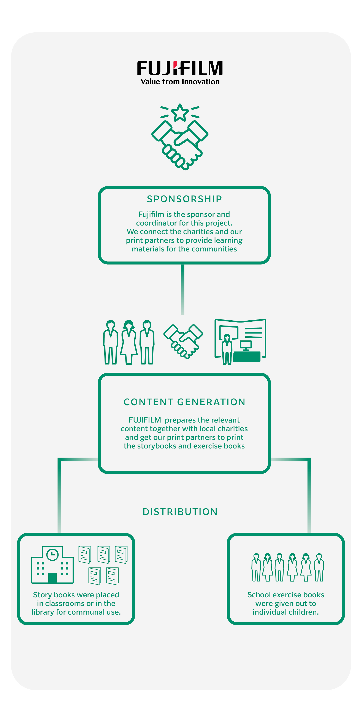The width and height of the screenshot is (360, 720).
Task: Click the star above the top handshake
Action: (180, 112)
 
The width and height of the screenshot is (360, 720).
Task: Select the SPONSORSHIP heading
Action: (184, 199)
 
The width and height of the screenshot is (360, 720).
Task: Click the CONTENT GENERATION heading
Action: (184, 402)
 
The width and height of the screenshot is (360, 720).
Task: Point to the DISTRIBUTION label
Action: (180, 512)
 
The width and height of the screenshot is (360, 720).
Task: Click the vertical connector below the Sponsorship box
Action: (182, 289)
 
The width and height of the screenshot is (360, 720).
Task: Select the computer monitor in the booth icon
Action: (246, 345)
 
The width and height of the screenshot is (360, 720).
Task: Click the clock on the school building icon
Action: (52, 555)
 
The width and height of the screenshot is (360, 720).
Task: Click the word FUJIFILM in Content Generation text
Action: (145, 420)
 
